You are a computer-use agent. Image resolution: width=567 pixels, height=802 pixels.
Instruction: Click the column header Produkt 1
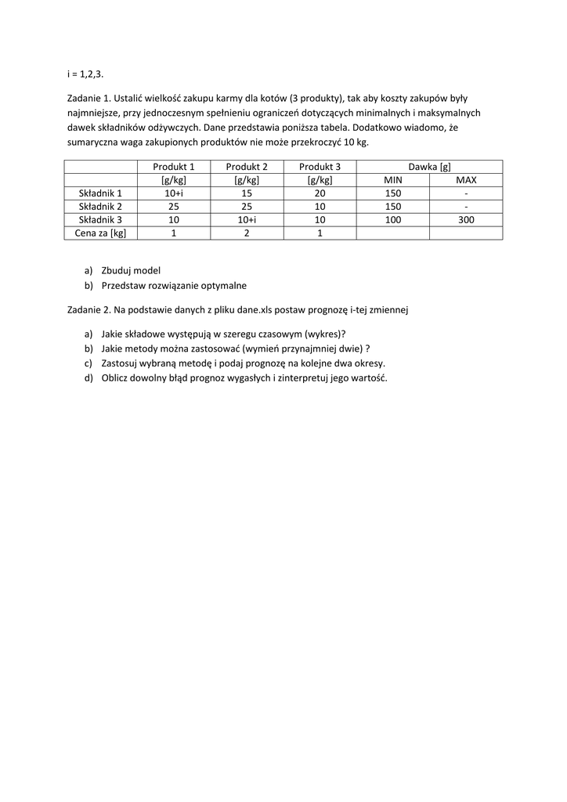[174, 167]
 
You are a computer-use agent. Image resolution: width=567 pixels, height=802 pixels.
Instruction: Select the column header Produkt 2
[247, 167]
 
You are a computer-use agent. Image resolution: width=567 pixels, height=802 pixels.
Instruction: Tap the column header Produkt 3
[320, 167]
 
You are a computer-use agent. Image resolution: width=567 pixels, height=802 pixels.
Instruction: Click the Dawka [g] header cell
[429, 167]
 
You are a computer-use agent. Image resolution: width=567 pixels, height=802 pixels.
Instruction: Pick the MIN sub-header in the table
[392, 180]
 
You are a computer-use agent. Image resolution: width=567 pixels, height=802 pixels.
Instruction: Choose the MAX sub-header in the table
[466, 180]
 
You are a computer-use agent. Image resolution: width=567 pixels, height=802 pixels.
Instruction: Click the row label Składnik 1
[100, 193]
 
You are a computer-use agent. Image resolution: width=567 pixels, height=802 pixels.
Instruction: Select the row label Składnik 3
[100, 220]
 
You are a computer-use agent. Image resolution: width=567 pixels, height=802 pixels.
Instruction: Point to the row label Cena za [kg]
[100, 233]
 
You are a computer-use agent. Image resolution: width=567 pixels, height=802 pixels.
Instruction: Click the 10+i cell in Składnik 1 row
[174, 193]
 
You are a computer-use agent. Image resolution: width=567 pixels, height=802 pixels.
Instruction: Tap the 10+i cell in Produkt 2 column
[247, 220]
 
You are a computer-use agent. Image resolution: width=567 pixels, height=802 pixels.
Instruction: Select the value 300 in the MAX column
[466, 220]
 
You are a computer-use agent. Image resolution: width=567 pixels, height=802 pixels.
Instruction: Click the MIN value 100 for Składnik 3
[392, 220]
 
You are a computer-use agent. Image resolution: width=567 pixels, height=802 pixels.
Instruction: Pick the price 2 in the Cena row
[247, 233]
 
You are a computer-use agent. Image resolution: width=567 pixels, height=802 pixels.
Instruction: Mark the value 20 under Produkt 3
[320, 193]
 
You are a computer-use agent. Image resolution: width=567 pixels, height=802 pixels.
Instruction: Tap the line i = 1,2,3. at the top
[85, 74]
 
